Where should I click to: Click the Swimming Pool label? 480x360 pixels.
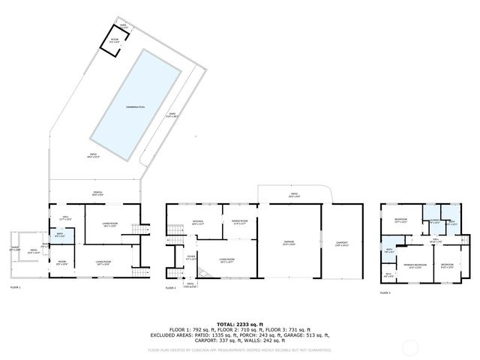coord(136,107)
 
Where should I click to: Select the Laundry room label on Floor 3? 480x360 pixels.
coord(433,221)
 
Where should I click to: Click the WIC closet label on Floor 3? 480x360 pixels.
coord(389,274)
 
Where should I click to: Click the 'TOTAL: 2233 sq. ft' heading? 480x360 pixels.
coord(239,323)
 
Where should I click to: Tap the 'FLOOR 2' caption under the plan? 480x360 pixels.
coord(169,288)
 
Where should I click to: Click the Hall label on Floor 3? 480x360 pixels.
coord(433,241)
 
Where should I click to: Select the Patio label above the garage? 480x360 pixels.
coord(293,195)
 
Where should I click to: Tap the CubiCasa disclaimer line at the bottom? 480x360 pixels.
coord(239,349)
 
